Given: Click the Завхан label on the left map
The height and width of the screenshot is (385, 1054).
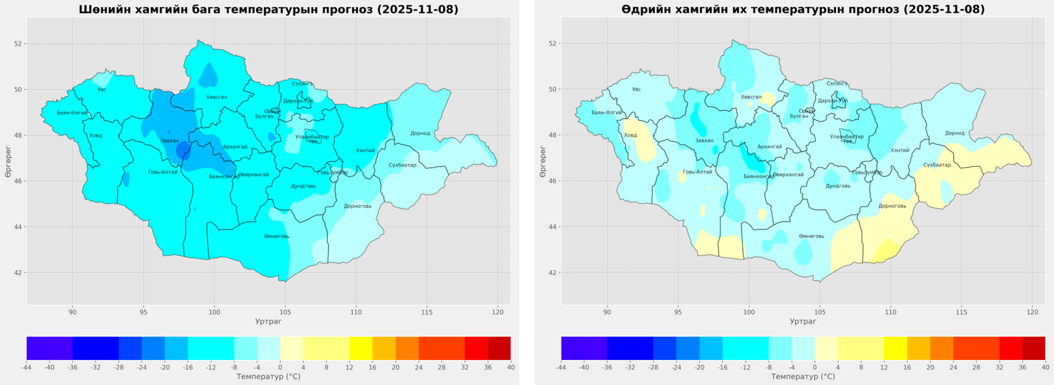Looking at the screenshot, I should pos(170,141).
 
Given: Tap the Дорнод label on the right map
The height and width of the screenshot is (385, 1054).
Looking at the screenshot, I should pos(954,133).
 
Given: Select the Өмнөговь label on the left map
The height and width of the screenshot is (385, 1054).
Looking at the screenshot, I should pos(277,236).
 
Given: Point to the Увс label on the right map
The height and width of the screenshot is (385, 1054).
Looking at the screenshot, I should pos(636,90).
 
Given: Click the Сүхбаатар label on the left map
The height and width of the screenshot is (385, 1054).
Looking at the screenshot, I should pos(402,165).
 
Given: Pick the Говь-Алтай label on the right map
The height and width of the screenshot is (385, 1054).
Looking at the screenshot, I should pos(697,172).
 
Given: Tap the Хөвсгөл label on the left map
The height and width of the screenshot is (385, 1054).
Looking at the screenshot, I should pos(216,97).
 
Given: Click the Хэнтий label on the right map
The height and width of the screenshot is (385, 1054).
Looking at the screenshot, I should pos(899,150).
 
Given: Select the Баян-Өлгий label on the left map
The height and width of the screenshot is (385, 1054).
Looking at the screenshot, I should pos(72,113).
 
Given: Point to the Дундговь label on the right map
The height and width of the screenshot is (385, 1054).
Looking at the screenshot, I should pos(838,186).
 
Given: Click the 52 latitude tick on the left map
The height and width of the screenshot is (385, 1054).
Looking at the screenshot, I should pos(18,44).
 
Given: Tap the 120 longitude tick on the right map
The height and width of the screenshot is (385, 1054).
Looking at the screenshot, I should pos(1032,312).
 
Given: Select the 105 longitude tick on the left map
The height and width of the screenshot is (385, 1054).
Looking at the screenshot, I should pos(285,312).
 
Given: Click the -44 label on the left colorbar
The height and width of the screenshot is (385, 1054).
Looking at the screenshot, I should pos(26,367).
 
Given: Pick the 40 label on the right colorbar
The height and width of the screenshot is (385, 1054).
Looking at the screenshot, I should pos(1045,367).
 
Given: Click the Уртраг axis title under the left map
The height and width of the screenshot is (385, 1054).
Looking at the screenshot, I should pos(268,322).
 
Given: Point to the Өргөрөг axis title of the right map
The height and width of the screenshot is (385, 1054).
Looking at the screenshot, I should pos(543,162).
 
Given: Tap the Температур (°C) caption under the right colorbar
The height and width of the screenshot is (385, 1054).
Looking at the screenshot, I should pos(803,376).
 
